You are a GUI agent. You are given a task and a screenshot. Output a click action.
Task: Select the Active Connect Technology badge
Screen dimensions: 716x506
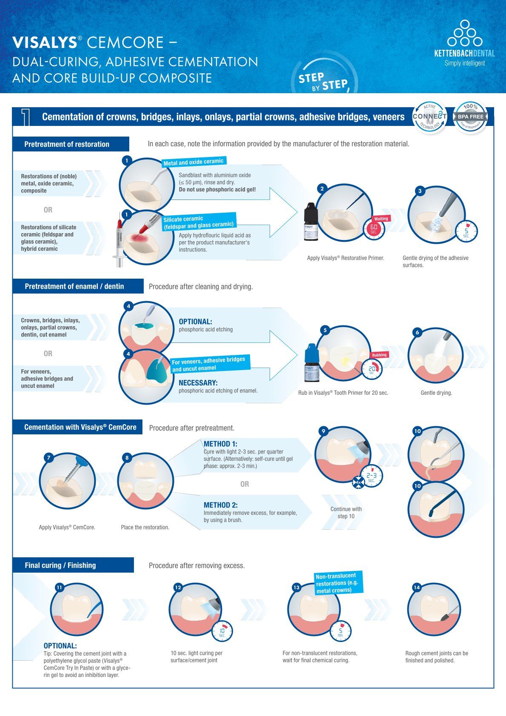[429, 116]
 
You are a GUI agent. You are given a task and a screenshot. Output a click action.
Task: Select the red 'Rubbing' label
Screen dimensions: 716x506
[379, 355]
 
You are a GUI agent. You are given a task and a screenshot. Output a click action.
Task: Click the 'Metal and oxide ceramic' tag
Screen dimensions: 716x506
[193, 162]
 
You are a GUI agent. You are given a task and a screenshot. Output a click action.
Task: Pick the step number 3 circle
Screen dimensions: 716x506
[420, 191]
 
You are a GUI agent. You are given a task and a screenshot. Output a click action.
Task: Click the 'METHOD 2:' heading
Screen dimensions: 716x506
[220, 505]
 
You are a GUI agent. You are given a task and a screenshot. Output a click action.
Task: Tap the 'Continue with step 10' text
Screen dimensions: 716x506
[346, 513]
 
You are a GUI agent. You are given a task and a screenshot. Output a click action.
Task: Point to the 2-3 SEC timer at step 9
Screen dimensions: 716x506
[371, 476]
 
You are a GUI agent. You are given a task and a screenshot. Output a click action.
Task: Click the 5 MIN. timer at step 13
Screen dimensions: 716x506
[340, 632]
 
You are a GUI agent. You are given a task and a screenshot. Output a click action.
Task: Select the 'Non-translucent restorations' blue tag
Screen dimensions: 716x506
[339, 583]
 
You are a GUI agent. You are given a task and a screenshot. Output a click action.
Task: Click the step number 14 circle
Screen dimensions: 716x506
[417, 588]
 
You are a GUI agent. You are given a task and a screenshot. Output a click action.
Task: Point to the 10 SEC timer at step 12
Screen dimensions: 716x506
[222, 632]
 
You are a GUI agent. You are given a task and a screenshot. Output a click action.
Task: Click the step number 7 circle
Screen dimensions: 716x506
[49, 458]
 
